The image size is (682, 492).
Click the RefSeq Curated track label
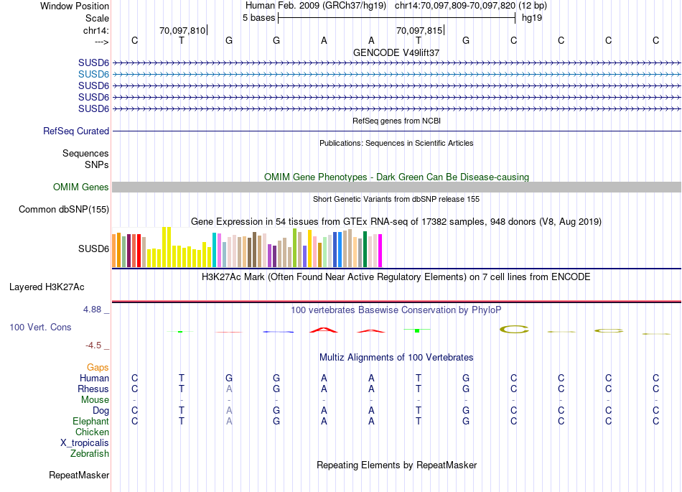click(76, 131)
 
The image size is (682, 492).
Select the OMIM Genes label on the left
click(81, 187)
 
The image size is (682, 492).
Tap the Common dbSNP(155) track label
click(64, 210)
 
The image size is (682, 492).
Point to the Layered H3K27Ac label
click(47, 287)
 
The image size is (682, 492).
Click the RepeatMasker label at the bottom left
click(79, 475)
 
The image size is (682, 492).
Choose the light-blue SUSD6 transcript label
click(93, 74)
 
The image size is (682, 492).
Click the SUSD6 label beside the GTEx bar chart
click(93, 249)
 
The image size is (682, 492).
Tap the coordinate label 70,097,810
click(182, 31)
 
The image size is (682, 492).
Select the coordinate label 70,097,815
click(419, 31)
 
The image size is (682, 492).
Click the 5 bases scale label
click(258, 17)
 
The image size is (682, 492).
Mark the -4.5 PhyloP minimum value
click(98, 345)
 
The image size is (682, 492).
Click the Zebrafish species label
click(90, 454)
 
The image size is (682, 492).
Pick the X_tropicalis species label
click(85, 443)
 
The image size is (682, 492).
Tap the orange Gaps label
click(98, 368)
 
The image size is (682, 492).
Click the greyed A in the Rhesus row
click(229, 389)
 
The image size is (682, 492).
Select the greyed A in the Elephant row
click(229, 422)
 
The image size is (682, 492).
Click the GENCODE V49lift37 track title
click(396, 53)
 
